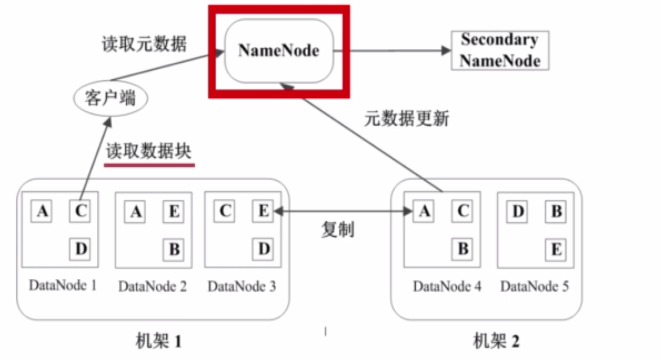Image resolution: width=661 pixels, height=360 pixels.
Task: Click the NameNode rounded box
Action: coord(279,51)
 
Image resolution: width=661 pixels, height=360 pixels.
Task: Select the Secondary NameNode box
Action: coord(500,50)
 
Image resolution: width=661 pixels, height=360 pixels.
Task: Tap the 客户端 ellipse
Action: coord(111,99)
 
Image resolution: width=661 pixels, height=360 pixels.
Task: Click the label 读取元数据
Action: coord(144,44)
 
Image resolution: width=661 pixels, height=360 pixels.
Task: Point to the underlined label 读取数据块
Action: coord(149,152)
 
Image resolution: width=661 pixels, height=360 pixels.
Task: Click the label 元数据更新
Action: coord(406,118)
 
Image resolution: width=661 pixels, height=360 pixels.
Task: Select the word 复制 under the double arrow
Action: coord(338,229)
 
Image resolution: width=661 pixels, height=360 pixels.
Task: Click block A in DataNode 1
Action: coord(42,211)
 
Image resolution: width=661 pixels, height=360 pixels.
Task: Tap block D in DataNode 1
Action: coord(81,249)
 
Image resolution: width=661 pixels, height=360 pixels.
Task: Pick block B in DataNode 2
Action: coord(174,249)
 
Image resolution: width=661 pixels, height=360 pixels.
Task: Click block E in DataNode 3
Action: coord(264,211)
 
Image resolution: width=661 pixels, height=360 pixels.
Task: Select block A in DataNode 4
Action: coord(425,211)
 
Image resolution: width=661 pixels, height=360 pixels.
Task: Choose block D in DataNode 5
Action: coord(518,211)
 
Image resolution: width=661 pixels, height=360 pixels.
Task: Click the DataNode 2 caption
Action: coord(152,287)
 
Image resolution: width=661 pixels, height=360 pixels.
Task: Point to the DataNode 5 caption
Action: coord(535,287)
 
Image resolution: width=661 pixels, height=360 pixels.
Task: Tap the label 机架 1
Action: coord(159,341)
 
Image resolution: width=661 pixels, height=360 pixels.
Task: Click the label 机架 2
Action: coord(496,341)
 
